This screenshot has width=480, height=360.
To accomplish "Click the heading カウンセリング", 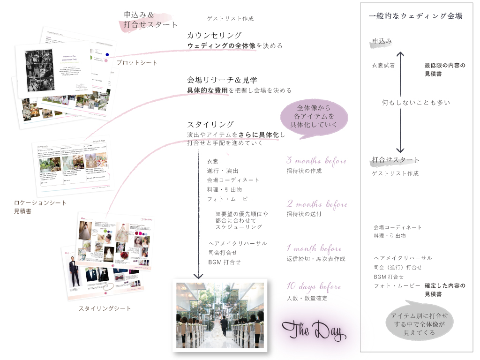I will tap(214, 35).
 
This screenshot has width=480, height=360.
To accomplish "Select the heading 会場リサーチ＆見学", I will tap(222, 80).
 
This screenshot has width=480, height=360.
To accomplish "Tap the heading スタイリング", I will tap(210, 125).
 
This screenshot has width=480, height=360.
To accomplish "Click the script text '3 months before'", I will tap(316, 161).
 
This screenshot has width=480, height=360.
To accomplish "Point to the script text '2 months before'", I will tap(317, 204).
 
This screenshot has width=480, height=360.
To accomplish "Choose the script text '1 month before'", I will tap(314, 248).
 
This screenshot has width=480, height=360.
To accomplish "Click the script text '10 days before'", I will tap(314, 286).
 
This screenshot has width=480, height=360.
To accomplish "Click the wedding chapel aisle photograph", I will tap(219, 315).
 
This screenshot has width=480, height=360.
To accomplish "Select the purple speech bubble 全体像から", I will tap(314, 116).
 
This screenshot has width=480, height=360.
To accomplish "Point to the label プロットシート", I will tap(137, 63).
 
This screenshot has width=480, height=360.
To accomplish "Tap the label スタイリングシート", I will tap(105, 308).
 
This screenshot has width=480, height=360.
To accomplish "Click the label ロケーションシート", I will tap(40, 203).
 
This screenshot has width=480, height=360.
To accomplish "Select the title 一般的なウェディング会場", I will tap(416, 16).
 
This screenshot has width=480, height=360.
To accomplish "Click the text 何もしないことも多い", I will tap(416, 102).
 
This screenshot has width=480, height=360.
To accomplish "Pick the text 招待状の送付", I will tap(304, 214).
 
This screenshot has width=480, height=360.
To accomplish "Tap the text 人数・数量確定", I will tap(307, 298).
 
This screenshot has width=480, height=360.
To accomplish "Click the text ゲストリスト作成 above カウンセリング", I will tap(230, 19).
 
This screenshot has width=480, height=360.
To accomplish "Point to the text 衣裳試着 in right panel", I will tap(383, 66).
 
